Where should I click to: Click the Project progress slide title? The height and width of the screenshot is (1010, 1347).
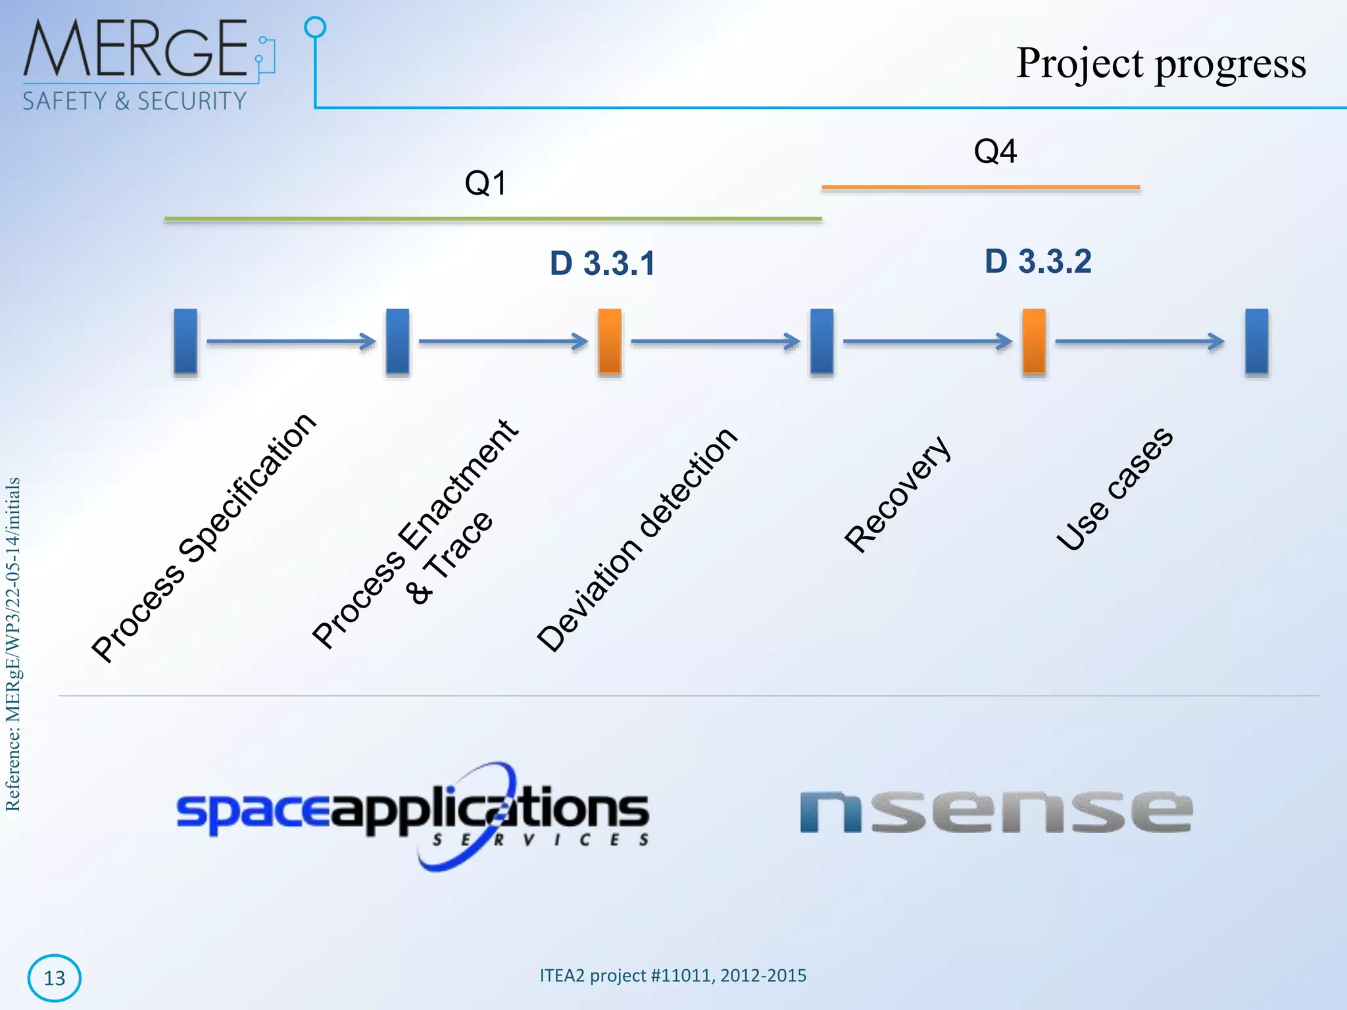pyautogui.click(x=1160, y=64)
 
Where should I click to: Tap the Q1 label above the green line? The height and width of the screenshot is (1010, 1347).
pyautogui.click(x=485, y=183)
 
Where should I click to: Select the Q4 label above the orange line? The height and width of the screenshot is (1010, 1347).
pyautogui.click(x=994, y=151)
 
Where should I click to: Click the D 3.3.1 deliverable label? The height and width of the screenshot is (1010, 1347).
pyautogui.click(x=602, y=264)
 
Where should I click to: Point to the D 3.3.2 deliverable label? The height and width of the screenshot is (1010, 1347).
pyautogui.click(x=1038, y=262)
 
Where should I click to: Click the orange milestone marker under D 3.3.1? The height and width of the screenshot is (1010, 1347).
pyautogui.click(x=610, y=341)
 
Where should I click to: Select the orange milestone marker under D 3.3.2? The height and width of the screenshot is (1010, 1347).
pyautogui.click(x=1034, y=341)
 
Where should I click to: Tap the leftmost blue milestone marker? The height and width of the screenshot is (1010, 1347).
pyautogui.click(x=185, y=341)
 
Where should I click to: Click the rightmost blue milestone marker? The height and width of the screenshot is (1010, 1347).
pyautogui.click(x=1256, y=341)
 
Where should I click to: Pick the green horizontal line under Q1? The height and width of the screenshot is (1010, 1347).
pyautogui.click(x=493, y=219)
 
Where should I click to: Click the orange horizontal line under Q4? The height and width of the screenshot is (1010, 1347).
pyautogui.click(x=980, y=187)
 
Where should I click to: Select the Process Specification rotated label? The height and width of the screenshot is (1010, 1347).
pyautogui.click(x=204, y=537)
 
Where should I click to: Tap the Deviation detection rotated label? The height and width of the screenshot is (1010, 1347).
pyautogui.click(x=637, y=539)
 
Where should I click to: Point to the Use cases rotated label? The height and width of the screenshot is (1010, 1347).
pyautogui.click(x=1114, y=489)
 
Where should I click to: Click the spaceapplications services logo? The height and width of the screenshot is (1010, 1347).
pyautogui.click(x=413, y=815)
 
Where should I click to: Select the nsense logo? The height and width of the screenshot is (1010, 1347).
pyautogui.click(x=995, y=812)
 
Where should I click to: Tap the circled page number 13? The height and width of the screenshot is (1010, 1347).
pyautogui.click(x=55, y=978)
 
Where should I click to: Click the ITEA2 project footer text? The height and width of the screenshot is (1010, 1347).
pyautogui.click(x=673, y=975)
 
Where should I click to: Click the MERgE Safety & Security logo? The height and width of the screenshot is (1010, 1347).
pyautogui.click(x=148, y=64)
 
